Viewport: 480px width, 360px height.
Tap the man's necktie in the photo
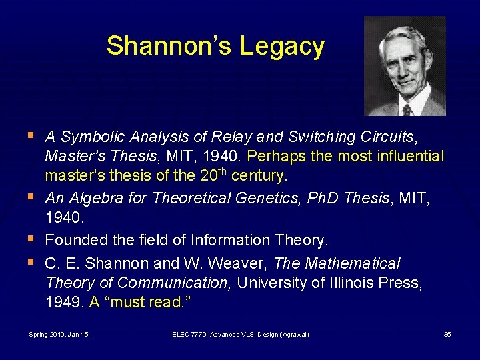click(x=406, y=109)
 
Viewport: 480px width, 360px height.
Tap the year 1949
click(x=64, y=302)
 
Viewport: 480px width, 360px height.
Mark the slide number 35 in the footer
click(x=447, y=334)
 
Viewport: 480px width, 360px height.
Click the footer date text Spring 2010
click(x=46, y=334)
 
